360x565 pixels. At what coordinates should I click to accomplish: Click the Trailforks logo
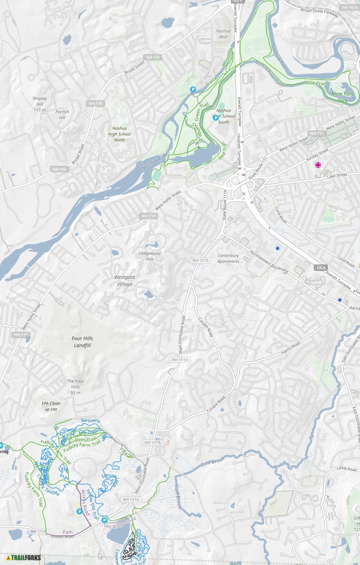click(23, 557)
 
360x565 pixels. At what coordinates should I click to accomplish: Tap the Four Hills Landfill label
click(82, 342)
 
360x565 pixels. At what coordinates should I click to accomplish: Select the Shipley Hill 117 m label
click(40, 104)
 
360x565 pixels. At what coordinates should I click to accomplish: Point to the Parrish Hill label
click(62, 115)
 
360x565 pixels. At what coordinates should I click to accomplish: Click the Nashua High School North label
click(119, 134)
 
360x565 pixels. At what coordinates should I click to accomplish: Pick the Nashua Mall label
click(223, 34)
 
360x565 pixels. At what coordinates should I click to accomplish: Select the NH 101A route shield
click(349, 7)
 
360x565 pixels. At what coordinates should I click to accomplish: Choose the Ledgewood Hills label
click(150, 256)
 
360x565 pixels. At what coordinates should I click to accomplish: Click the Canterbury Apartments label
click(228, 258)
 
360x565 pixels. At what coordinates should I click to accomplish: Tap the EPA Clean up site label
click(51, 406)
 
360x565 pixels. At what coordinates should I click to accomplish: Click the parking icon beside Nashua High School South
click(216, 118)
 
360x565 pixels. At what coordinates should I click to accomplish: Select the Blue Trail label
click(316, 83)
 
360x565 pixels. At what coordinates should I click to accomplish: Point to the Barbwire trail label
click(90, 421)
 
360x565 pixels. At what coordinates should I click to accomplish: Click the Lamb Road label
click(346, 469)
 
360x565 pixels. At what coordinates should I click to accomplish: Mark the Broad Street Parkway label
click(319, 12)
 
